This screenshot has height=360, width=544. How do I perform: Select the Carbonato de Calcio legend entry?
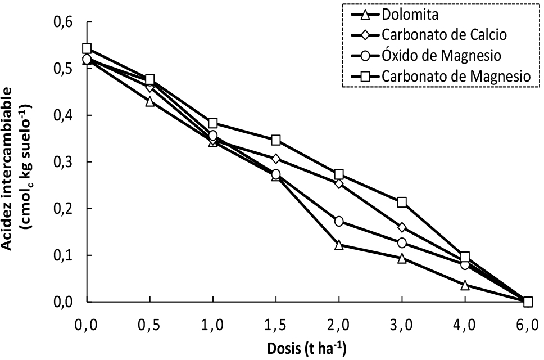[444, 35]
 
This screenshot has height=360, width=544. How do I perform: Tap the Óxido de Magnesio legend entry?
[440, 55]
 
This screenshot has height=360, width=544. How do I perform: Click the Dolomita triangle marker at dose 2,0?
[339, 245]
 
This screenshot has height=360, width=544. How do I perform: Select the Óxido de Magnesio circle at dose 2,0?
[339, 221]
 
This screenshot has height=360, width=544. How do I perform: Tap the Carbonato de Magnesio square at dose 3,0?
[402, 202]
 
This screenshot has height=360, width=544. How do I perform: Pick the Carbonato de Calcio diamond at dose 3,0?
[402, 227]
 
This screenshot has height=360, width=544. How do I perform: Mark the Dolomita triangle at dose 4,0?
[465, 285]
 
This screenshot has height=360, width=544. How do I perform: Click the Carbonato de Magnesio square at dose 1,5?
[276, 139]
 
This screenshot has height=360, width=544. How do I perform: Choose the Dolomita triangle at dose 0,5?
[150, 101]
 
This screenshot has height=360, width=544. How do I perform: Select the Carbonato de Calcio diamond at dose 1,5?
[276, 159]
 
